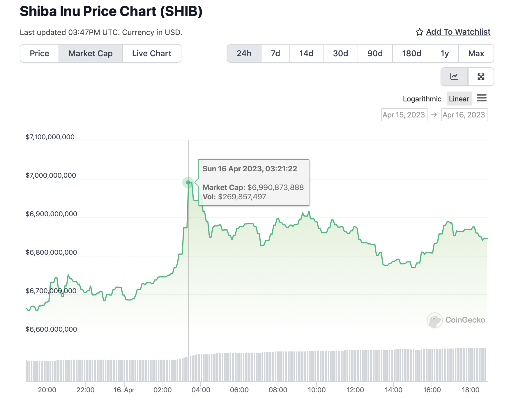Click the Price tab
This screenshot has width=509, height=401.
[39, 53]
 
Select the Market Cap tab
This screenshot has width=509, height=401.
[91, 53]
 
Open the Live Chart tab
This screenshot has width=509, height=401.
[152, 53]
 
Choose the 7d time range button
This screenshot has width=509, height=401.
[275, 53]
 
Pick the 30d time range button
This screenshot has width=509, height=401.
[340, 53]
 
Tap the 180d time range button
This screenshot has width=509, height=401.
[411, 53]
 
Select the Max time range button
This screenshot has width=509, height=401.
[476, 53]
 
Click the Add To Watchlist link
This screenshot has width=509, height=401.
[458, 32]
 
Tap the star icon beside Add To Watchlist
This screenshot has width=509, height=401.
[419, 32]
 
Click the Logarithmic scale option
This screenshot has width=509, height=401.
[422, 99]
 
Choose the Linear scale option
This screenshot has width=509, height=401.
[459, 99]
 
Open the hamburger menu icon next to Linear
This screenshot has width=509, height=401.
[482, 98]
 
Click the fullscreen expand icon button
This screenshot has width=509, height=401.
[481, 77]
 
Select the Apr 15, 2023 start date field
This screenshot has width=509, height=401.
[404, 115]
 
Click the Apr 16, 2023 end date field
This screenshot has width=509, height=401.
[464, 115]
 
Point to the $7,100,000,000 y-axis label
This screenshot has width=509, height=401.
[50, 137]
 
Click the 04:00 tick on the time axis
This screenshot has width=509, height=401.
[201, 390]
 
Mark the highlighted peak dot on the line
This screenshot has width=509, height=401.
[188, 182]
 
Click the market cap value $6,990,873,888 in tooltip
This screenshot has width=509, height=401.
[275, 187]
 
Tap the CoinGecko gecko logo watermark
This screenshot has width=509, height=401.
[435, 320]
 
